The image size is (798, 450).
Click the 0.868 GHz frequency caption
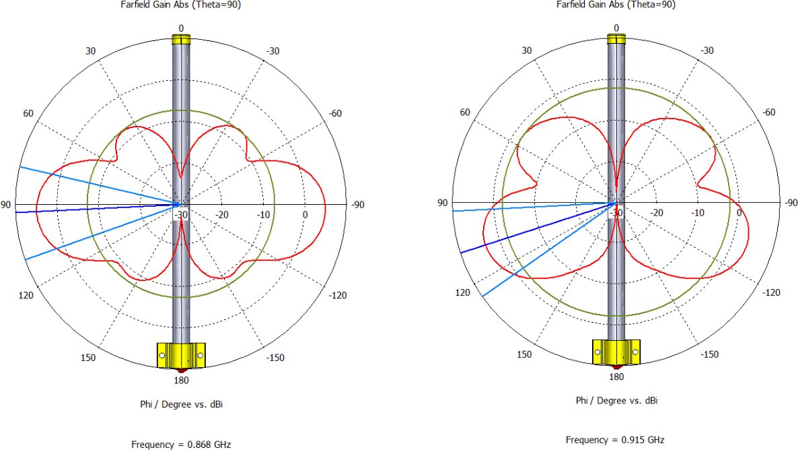(181, 445)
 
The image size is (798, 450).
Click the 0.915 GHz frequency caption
(615, 440)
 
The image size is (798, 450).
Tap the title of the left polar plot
(181, 5)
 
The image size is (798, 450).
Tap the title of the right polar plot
(616, 5)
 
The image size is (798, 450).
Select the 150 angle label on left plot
(88, 358)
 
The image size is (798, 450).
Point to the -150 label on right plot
(709, 354)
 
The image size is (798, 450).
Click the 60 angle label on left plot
(28, 113)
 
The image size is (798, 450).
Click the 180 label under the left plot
(181, 380)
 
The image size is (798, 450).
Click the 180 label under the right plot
(616, 377)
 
